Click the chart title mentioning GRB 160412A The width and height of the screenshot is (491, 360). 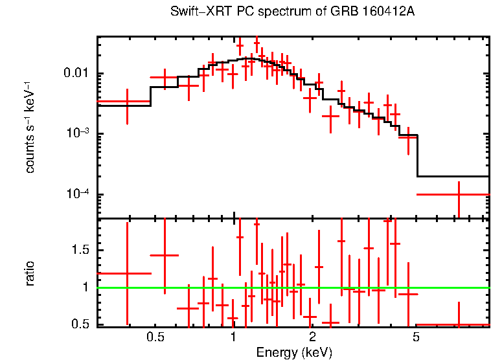(x=292, y=12)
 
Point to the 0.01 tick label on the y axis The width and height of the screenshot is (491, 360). (x=77, y=73)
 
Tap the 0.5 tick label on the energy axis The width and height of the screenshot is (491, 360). (x=155, y=337)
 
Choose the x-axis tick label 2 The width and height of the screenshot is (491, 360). (x=312, y=337)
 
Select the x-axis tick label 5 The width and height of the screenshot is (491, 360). (x=416, y=337)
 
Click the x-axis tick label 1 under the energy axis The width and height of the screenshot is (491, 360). (x=233, y=337)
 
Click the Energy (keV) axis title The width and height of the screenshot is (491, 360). (x=294, y=352)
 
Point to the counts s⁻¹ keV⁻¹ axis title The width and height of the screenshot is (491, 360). (x=30, y=126)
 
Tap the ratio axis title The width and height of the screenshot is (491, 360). (x=30, y=273)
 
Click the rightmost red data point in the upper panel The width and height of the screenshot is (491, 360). (x=459, y=194)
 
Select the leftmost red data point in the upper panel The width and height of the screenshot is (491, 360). (x=127, y=102)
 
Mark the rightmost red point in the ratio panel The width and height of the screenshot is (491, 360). (x=459, y=324)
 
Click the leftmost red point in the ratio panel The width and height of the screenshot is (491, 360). (x=127, y=273)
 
